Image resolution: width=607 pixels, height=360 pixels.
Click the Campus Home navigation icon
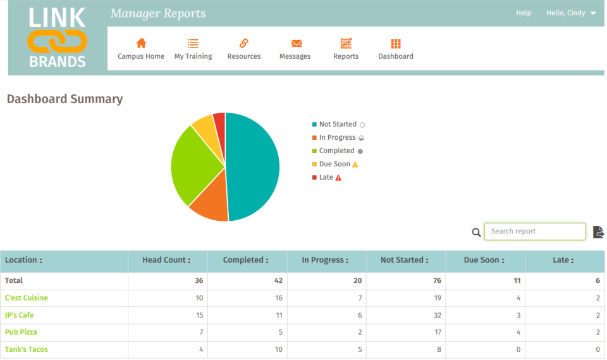(x=141, y=43)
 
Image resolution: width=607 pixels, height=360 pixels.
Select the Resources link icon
(x=243, y=43)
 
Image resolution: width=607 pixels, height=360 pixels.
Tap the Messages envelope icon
(x=295, y=43)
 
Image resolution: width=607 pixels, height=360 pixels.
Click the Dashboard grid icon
(x=396, y=43)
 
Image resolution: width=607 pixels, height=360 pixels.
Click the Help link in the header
(x=524, y=13)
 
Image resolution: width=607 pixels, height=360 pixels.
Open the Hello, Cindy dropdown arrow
(x=593, y=13)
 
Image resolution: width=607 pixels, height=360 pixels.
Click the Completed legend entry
(x=336, y=151)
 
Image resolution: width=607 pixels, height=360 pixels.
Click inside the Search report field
(x=534, y=232)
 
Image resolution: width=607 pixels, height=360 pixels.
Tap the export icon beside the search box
(x=598, y=232)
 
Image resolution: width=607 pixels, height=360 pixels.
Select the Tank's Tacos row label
(x=27, y=349)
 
